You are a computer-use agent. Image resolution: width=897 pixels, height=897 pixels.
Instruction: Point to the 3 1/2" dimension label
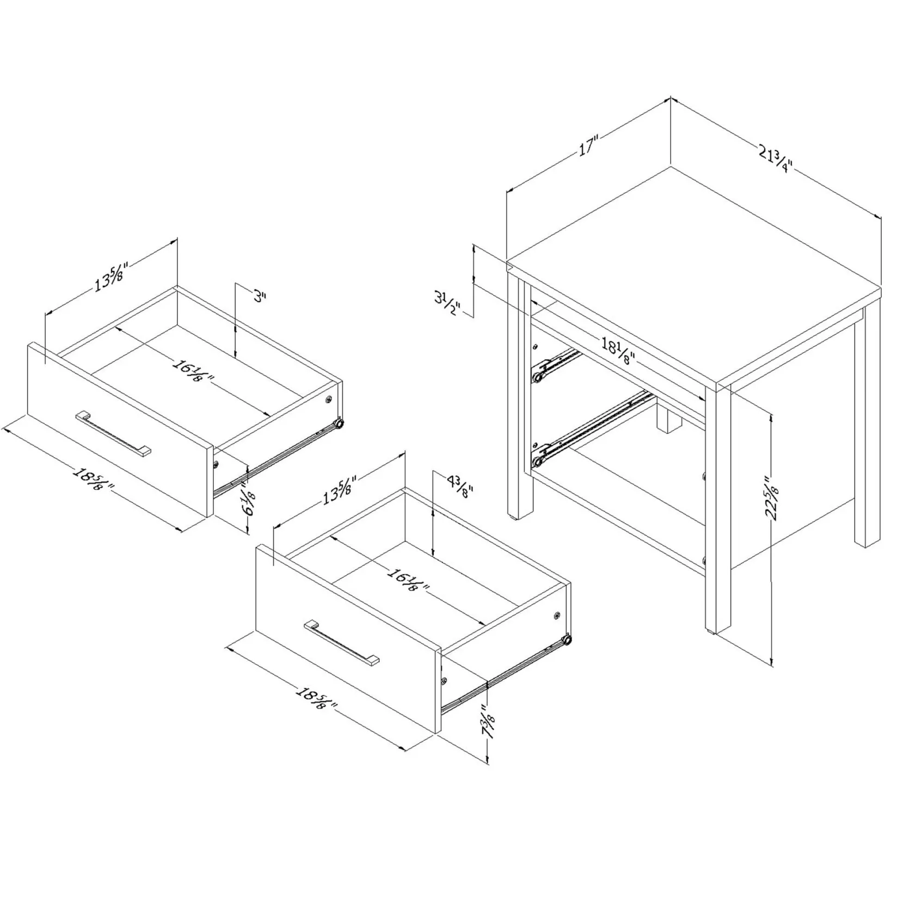[x=448, y=304]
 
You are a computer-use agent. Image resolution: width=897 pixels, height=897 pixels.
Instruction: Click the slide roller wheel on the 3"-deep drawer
[x=339, y=423]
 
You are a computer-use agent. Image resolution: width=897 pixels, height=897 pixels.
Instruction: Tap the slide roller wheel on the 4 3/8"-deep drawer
[x=568, y=640]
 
